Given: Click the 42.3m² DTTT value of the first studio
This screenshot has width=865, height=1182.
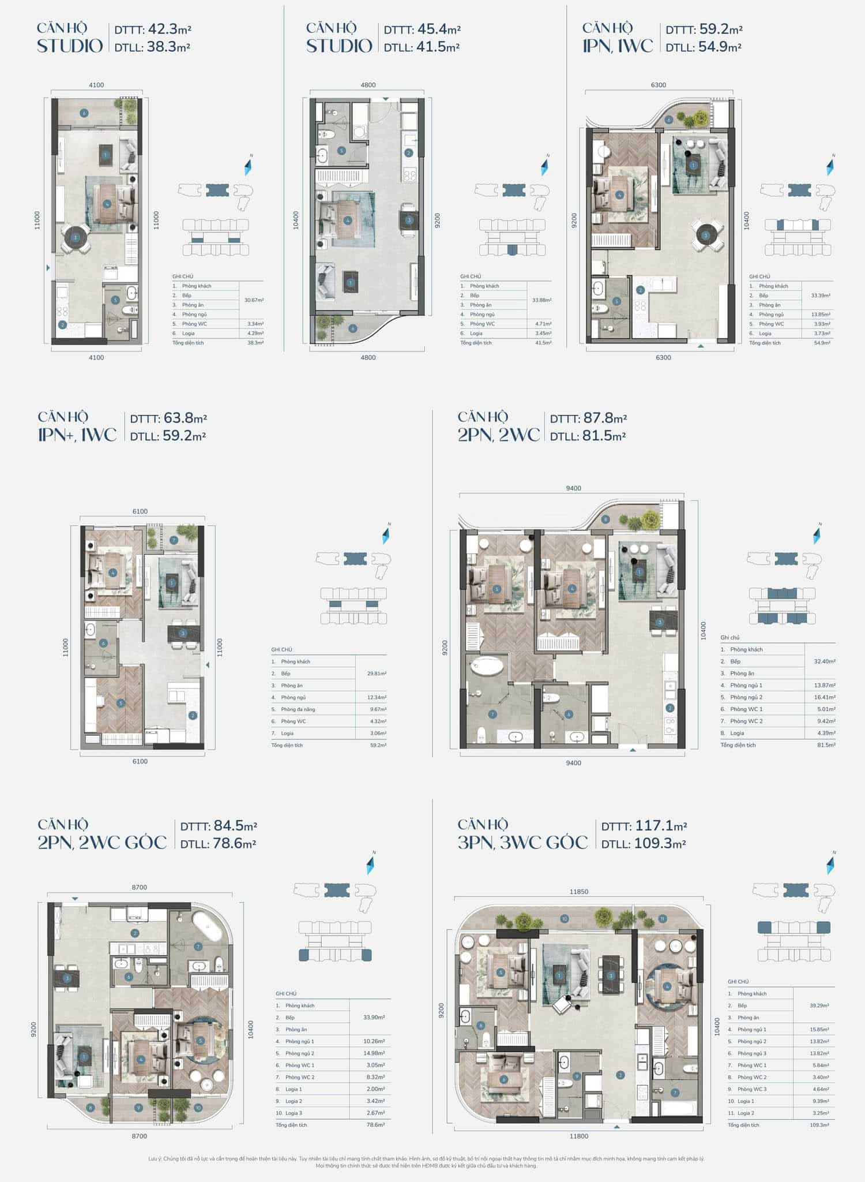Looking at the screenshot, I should pos(169,29).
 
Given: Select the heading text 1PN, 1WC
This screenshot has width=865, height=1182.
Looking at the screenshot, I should pos(617,46).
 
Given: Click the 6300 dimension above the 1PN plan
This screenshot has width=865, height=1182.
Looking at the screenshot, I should pos(658,85).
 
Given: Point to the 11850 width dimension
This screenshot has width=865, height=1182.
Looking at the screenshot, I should pos(578,892).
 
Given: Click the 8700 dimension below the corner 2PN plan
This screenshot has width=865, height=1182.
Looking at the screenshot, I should pos(139,1136).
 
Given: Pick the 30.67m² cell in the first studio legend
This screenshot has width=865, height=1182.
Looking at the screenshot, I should pos(254,300).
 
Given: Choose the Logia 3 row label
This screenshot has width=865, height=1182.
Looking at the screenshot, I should pos(294,1113).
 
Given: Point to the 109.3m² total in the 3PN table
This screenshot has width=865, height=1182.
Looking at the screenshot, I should pos(819,1125).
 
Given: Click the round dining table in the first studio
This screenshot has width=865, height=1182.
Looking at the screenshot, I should pos(76,237).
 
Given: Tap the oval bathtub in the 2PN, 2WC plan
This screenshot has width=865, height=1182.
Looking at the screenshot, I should pos(488,667).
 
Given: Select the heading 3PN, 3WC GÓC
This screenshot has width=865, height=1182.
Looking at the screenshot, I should pos(522,843).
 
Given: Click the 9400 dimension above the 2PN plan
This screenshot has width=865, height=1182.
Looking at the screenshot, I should pos(573,488).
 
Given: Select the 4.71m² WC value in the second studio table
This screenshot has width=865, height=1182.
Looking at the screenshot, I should pos(543,324).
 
